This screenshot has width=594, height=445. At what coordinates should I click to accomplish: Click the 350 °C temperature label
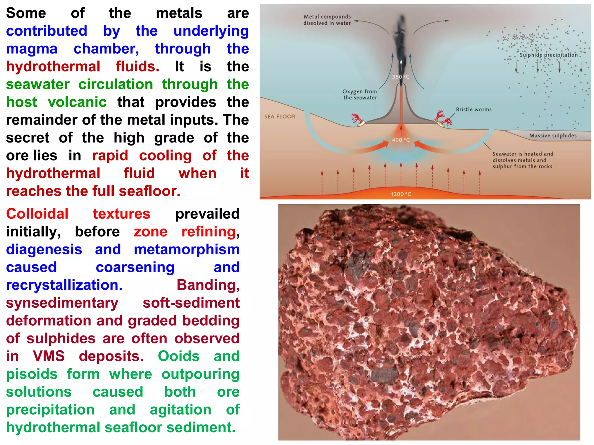401,77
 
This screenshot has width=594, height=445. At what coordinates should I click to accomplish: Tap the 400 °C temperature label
401,140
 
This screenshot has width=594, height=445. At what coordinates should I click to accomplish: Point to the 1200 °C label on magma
401,194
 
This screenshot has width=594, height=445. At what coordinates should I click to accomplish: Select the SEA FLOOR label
280,117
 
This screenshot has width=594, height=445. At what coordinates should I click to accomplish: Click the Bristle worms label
474,110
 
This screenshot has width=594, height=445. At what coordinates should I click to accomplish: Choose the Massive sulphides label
553,136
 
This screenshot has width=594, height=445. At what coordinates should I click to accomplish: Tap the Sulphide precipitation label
548,55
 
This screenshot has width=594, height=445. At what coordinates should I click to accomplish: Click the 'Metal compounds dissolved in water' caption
327,20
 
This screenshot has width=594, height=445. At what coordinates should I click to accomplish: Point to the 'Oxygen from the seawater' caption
360,95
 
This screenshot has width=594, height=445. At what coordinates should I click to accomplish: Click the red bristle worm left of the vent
357,118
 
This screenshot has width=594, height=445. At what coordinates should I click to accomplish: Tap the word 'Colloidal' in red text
37,214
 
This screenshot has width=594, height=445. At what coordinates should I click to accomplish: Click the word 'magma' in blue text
32,49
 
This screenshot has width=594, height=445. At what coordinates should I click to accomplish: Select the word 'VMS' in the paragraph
48,356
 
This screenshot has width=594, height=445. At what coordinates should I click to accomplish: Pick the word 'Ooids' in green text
179,356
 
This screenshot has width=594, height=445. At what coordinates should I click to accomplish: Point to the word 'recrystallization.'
64,285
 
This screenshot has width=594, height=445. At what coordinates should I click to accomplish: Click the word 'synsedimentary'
62,303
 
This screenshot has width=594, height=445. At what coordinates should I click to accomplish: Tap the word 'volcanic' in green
77,102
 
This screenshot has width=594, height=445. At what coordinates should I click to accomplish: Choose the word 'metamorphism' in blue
186,249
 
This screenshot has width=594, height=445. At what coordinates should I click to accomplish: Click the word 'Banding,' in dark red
208,285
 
